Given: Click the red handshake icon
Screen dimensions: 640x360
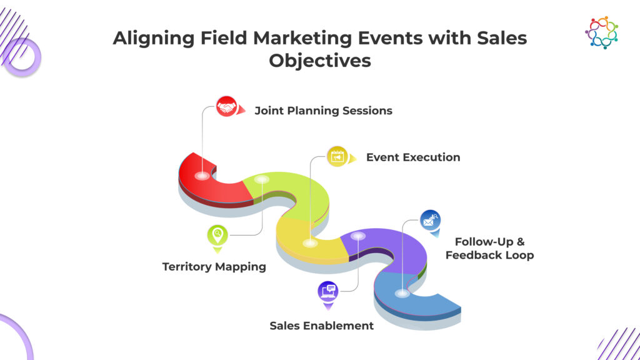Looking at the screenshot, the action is [226, 106].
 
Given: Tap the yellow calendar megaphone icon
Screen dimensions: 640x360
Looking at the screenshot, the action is [337, 157].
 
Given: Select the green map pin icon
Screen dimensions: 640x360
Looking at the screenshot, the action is [217, 235].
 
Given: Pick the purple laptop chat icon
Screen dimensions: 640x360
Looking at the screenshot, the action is [328, 291].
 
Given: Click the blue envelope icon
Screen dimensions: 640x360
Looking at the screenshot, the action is [430, 221].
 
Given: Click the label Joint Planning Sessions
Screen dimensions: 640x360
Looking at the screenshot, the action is [323, 111].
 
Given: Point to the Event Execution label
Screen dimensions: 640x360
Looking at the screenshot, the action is [413, 157].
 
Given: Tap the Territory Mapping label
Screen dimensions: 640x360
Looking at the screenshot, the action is [214, 267].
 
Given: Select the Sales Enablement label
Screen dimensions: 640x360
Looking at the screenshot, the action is [322, 326].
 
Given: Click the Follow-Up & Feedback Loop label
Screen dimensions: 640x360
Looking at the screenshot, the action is [490, 249].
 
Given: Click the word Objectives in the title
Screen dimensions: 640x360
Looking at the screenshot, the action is [320, 61].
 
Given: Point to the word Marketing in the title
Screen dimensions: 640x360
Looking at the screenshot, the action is [302, 38].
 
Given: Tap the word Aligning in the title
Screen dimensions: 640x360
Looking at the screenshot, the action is [154, 38].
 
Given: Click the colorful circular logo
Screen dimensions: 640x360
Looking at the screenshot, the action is [602, 32].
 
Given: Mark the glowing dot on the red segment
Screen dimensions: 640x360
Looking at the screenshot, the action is [202, 176].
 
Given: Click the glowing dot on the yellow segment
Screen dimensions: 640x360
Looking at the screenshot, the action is [310, 243].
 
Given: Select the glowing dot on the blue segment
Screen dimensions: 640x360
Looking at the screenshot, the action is [402, 293].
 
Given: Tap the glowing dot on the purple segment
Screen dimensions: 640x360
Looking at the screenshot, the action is [358, 236].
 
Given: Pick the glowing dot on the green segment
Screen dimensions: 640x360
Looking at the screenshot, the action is [262, 179].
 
